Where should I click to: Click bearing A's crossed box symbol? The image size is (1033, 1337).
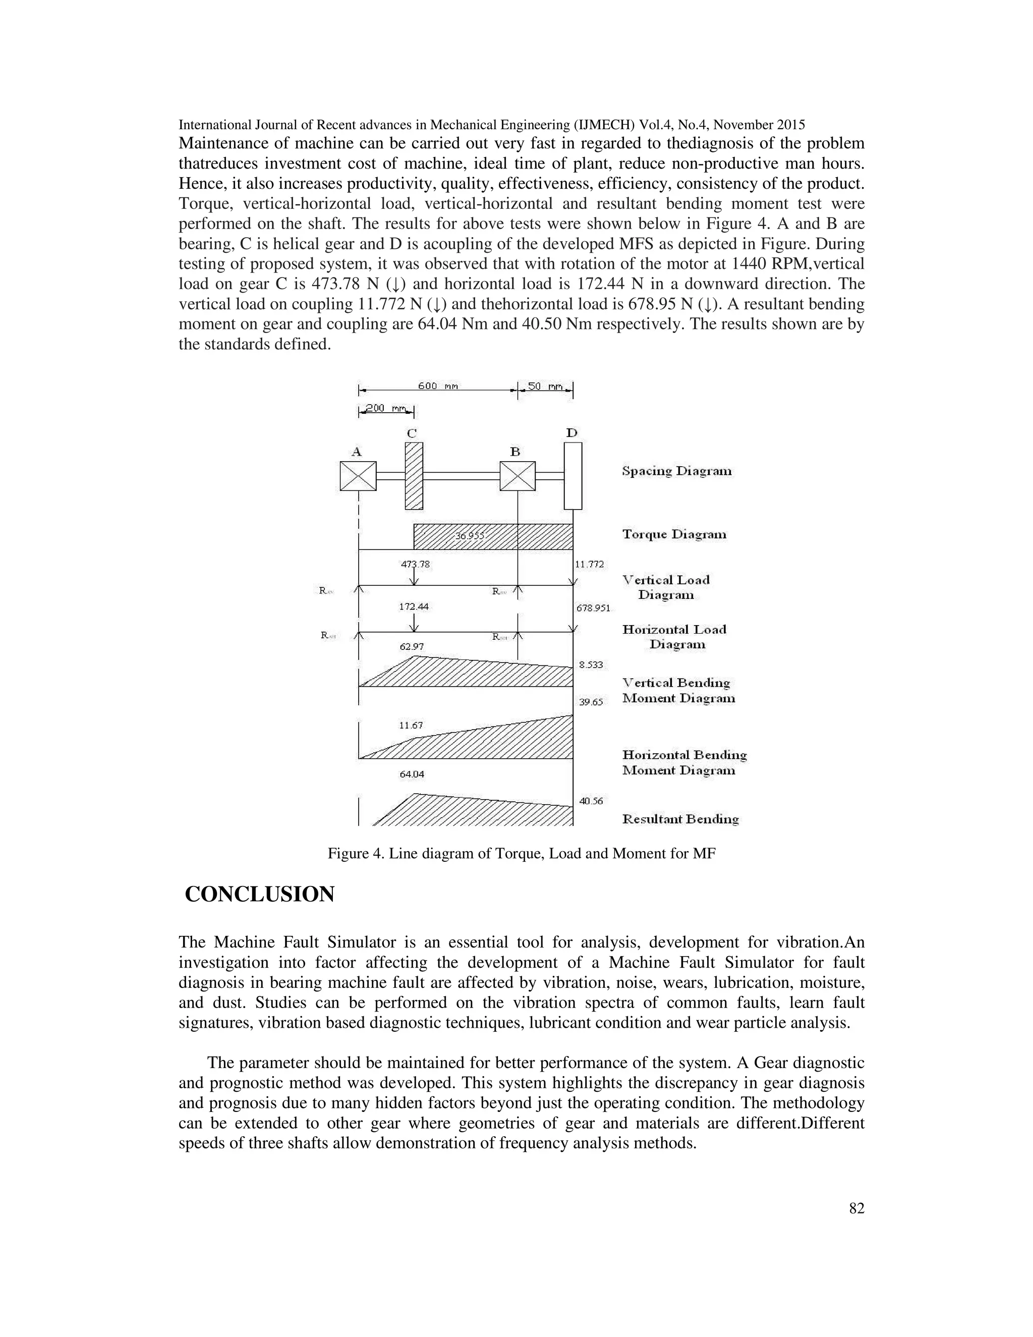tap(358, 476)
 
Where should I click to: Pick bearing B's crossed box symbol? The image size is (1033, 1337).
tap(517, 476)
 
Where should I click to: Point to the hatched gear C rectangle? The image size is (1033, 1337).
tap(414, 476)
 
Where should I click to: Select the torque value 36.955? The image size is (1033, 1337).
tap(470, 536)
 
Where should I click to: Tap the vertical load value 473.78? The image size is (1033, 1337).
tap(415, 564)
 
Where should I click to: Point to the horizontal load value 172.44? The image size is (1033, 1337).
tap(414, 606)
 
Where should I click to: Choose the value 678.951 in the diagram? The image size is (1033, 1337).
tap(593, 608)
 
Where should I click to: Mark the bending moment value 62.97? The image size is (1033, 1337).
tap(411, 646)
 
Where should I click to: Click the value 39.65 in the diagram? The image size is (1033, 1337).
tap(591, 702)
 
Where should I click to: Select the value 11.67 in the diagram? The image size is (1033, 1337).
tap(411, 726)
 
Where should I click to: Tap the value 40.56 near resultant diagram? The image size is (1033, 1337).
tap(591, 801)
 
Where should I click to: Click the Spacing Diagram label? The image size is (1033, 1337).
tap(677, 471)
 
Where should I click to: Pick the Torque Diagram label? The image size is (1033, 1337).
tap(674, 534)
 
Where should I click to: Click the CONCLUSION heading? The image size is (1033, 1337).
tap(259, 895)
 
